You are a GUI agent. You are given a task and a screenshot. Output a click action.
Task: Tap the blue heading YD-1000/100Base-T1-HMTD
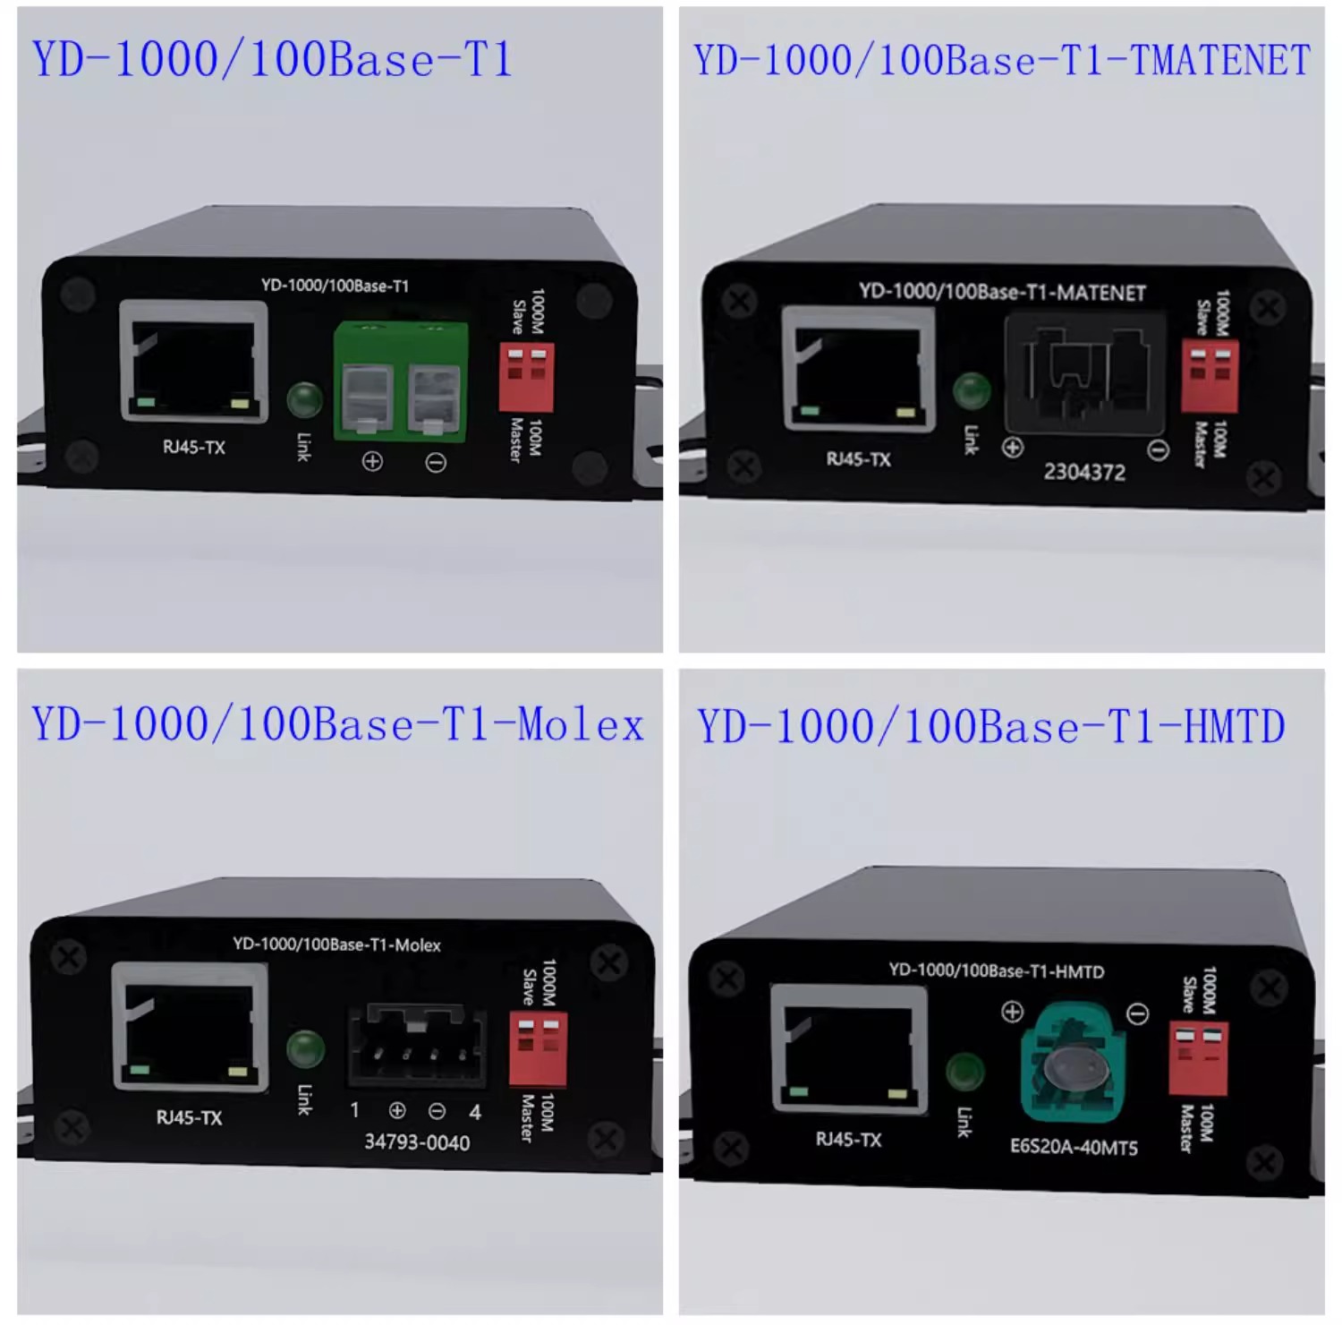pyautogui.click(x=991, y=726)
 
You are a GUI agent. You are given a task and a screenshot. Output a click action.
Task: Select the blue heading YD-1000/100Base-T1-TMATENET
pyautogui.click(x=1002, y=61)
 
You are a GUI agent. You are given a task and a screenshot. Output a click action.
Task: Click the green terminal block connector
pyautogui.click(x=401, y=381)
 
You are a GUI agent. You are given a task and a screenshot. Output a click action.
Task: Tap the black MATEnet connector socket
pyautogui.click(x=1085, y=373)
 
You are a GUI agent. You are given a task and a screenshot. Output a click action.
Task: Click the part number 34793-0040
pyautogui.click(x=417, y=1142)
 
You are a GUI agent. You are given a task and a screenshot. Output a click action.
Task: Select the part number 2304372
pyautogui.click(x=1084, y=472)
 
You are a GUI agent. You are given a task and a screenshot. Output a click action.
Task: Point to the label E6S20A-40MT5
pyautogui.click(x=1074, y=1147)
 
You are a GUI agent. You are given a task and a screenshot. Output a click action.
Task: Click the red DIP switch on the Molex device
pyautogui.click(x=538, y=1048)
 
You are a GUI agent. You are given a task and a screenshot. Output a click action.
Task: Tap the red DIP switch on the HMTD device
pyautogui.click(x=1198, y=1058)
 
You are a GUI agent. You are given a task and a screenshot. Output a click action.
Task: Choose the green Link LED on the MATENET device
pyautogui.click(x=972, y=391)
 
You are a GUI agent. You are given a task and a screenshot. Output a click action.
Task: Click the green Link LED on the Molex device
pyautogui.click(x=305, y=1049)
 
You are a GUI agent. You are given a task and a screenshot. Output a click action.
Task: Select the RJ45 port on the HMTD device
pyautogui.click(x=848, y=1048)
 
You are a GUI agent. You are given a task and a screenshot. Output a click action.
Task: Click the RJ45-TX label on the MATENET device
pyautogui.click(x=858, y=459)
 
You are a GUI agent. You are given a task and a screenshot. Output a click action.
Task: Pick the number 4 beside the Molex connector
pyautogui.click(x=475, y=1112)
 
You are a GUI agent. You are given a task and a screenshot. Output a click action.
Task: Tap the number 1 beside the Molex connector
pyautogui.click(x=355, y=1110)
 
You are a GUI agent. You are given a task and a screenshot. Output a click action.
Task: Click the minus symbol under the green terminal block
pyautogui.click(x=436, y=463)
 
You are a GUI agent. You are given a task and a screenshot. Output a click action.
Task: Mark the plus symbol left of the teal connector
pyautogui.click(x=1012, y=1012)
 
